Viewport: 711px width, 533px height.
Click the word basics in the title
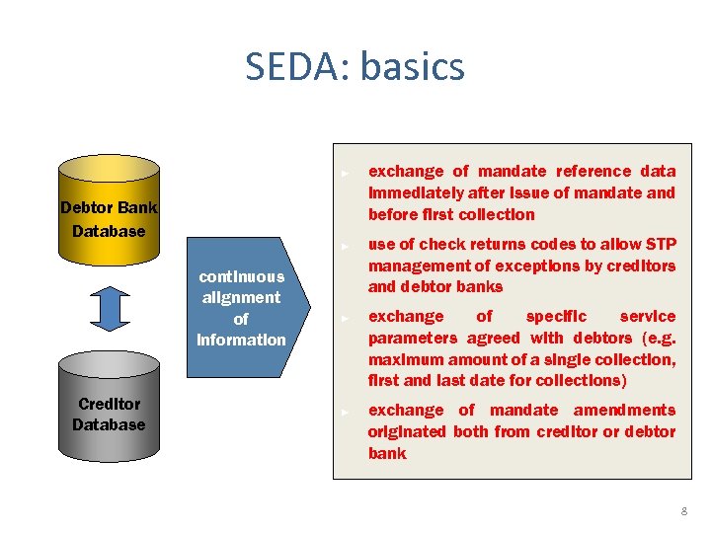(412, 67)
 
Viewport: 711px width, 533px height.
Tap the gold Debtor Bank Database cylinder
(109, 208)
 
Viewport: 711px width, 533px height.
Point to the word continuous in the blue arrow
(241, 276)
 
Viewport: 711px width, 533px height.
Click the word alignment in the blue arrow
(241, 297)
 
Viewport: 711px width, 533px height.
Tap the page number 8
(683, 511)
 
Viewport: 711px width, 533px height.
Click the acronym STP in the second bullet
(658, 244)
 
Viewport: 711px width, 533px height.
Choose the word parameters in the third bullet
(411, 338)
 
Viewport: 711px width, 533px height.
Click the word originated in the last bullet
(407, 431)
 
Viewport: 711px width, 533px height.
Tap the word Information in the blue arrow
(241, 340)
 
